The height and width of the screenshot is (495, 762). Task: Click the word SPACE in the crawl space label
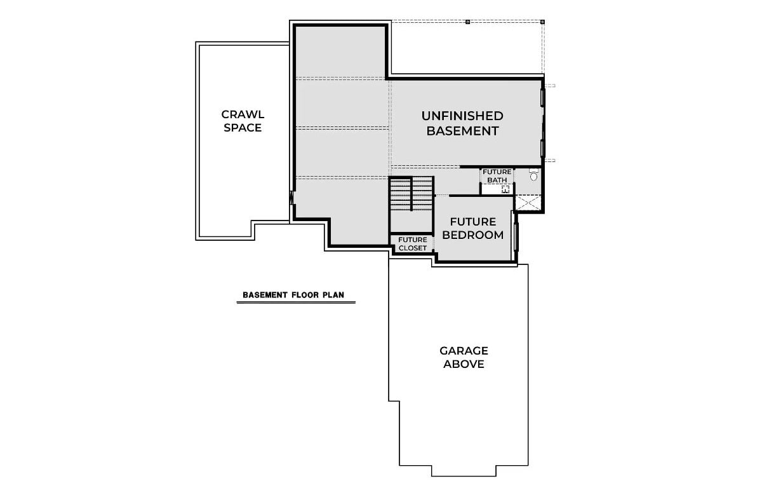[243, 128]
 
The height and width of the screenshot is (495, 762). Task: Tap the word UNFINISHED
[462, 116]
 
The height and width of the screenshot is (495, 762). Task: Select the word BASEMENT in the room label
[462, 131]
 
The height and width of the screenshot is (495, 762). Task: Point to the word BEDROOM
[473, 235]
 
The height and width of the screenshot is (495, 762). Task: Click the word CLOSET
[413, 248]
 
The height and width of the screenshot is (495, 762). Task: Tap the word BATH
[497, 180]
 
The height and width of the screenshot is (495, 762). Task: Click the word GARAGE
[464, 351]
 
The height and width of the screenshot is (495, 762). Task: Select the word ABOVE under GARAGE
[464, 365]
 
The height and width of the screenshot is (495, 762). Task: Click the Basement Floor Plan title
[296, 295]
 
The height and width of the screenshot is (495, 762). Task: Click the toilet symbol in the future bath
[533, 175]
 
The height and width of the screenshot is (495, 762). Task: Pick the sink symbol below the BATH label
[505, 189]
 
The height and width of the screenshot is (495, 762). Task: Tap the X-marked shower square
[528, 203]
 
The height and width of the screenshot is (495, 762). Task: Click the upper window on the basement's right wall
[543, 97]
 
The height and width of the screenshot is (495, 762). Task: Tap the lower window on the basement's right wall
[543, 147]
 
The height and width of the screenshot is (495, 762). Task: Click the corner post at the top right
[543, 22]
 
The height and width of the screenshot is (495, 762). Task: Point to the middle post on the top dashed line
[467, 22]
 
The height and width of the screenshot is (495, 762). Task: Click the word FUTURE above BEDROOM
[473, 222]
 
